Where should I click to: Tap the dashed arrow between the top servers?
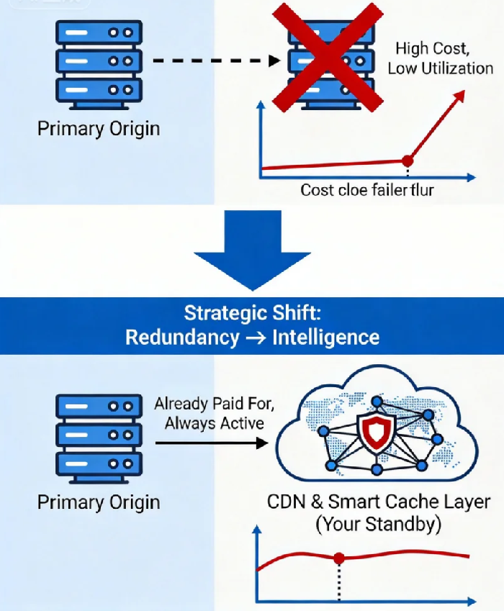pos(216,61)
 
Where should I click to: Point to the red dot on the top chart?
pos(408,160)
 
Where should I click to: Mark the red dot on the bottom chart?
pos(339,558)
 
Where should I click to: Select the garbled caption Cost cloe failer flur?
pos(367,191)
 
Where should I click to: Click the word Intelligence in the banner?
pos(325,337)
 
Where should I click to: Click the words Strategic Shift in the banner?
pos(252,314)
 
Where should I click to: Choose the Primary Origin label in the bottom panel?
pos(99,502)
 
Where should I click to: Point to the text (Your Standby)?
pos(377,524)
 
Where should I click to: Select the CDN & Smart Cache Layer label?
pos(378,502)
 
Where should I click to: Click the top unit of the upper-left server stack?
pos(97,33)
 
